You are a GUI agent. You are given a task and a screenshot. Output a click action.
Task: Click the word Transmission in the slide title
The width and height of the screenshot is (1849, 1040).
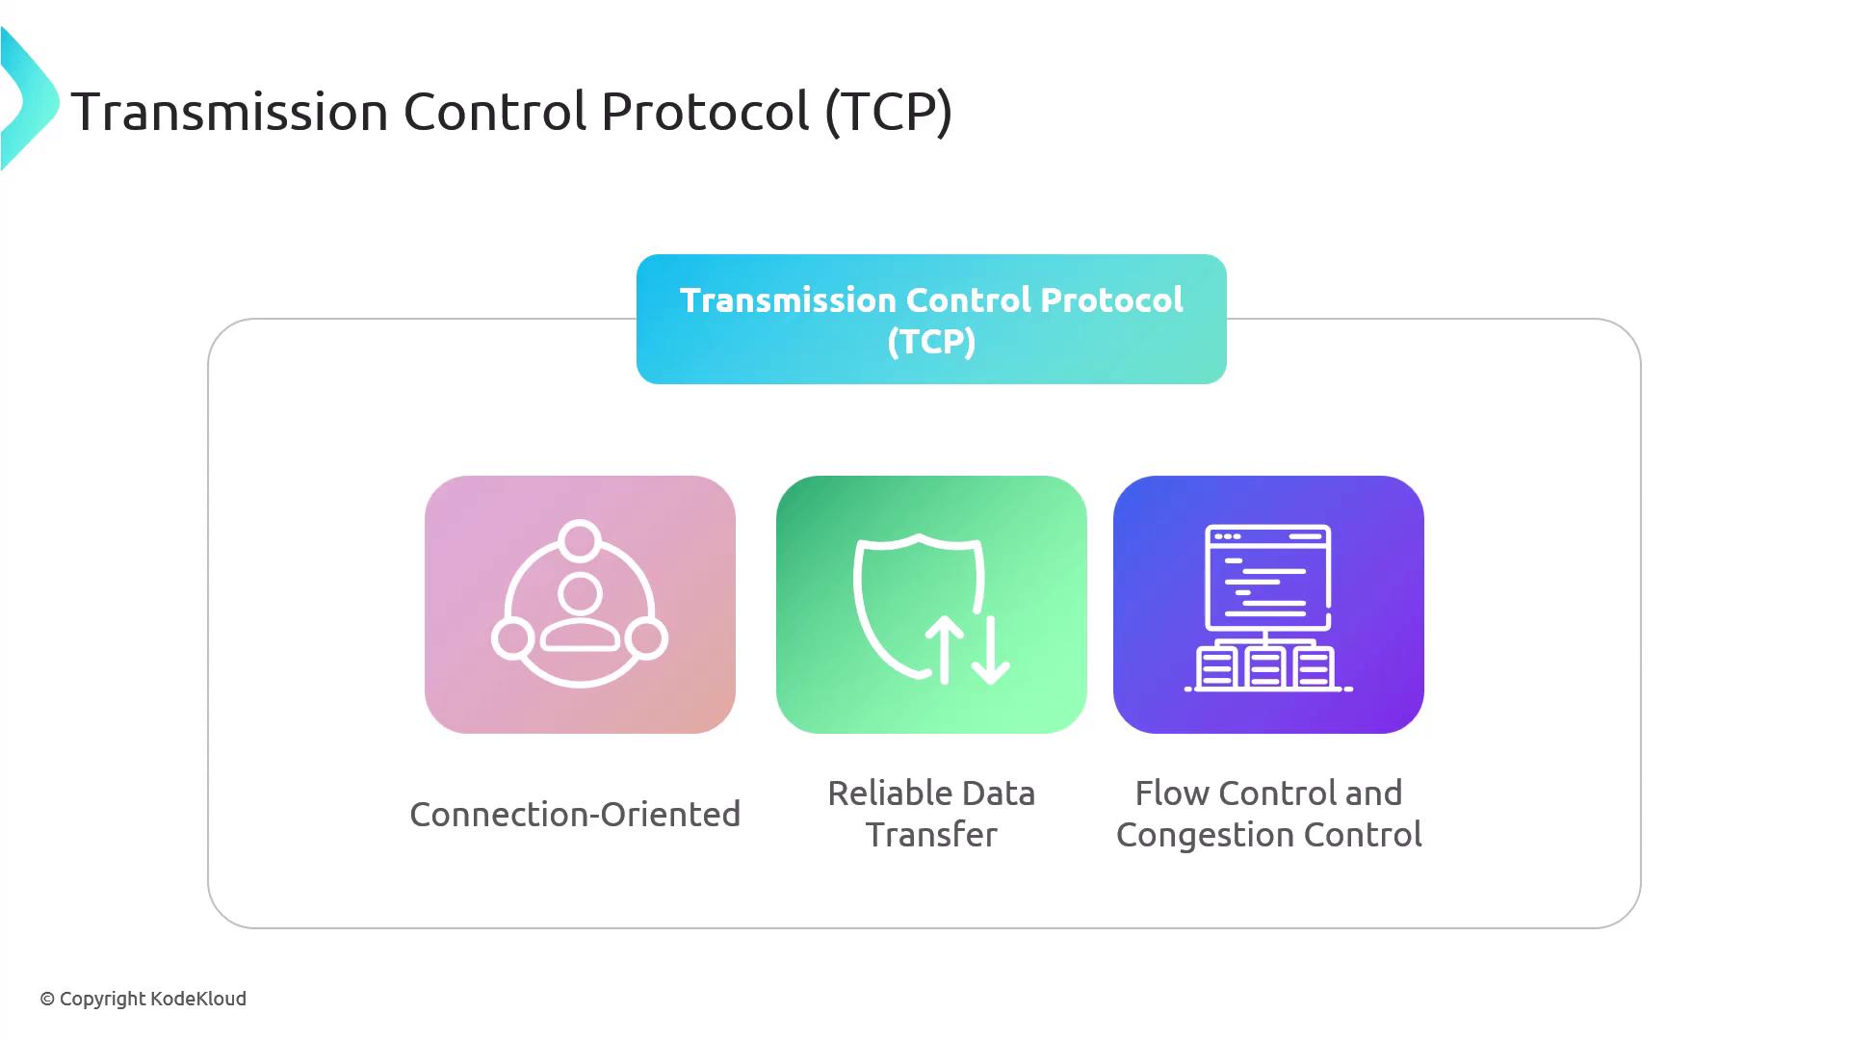(230, 112)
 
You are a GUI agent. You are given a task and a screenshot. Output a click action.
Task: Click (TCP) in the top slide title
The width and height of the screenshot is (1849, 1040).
(889, 112)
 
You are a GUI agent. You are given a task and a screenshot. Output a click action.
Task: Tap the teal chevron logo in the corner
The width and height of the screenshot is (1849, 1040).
(29, 99)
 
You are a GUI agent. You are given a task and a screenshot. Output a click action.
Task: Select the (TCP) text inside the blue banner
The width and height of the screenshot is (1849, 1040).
(931, 342)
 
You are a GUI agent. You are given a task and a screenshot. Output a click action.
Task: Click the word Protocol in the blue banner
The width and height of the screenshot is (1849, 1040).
(1112, 300)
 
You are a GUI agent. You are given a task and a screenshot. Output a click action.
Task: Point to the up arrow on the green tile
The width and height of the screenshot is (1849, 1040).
(945, 650)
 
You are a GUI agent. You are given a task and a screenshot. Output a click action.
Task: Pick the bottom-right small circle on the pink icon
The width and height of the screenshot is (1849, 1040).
(646, 638)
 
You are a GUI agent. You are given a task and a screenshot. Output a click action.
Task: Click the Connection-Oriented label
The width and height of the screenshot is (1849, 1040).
(575, 815)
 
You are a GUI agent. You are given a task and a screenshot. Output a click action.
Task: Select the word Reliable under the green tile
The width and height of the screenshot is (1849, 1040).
(888, 793)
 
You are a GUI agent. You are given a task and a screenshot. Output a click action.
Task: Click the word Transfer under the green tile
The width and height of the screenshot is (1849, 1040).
(931, 835)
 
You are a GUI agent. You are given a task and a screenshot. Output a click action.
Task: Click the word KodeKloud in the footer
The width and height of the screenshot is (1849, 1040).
(198, 999)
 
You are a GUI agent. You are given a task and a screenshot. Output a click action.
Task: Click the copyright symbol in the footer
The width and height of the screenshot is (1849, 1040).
(47, 1000)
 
